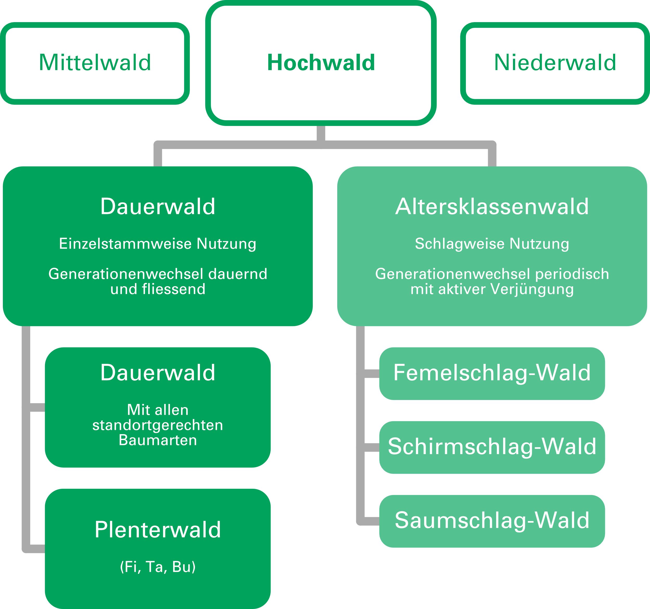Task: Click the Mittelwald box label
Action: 95,62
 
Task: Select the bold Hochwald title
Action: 321,62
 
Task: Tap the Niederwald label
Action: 555,62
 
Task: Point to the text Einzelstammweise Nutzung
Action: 158,244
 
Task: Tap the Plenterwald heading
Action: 158,530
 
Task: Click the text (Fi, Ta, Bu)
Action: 158,567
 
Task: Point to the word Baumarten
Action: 158,440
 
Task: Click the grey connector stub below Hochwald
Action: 321,133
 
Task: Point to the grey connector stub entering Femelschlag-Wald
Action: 372,373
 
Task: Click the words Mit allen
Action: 158,410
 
